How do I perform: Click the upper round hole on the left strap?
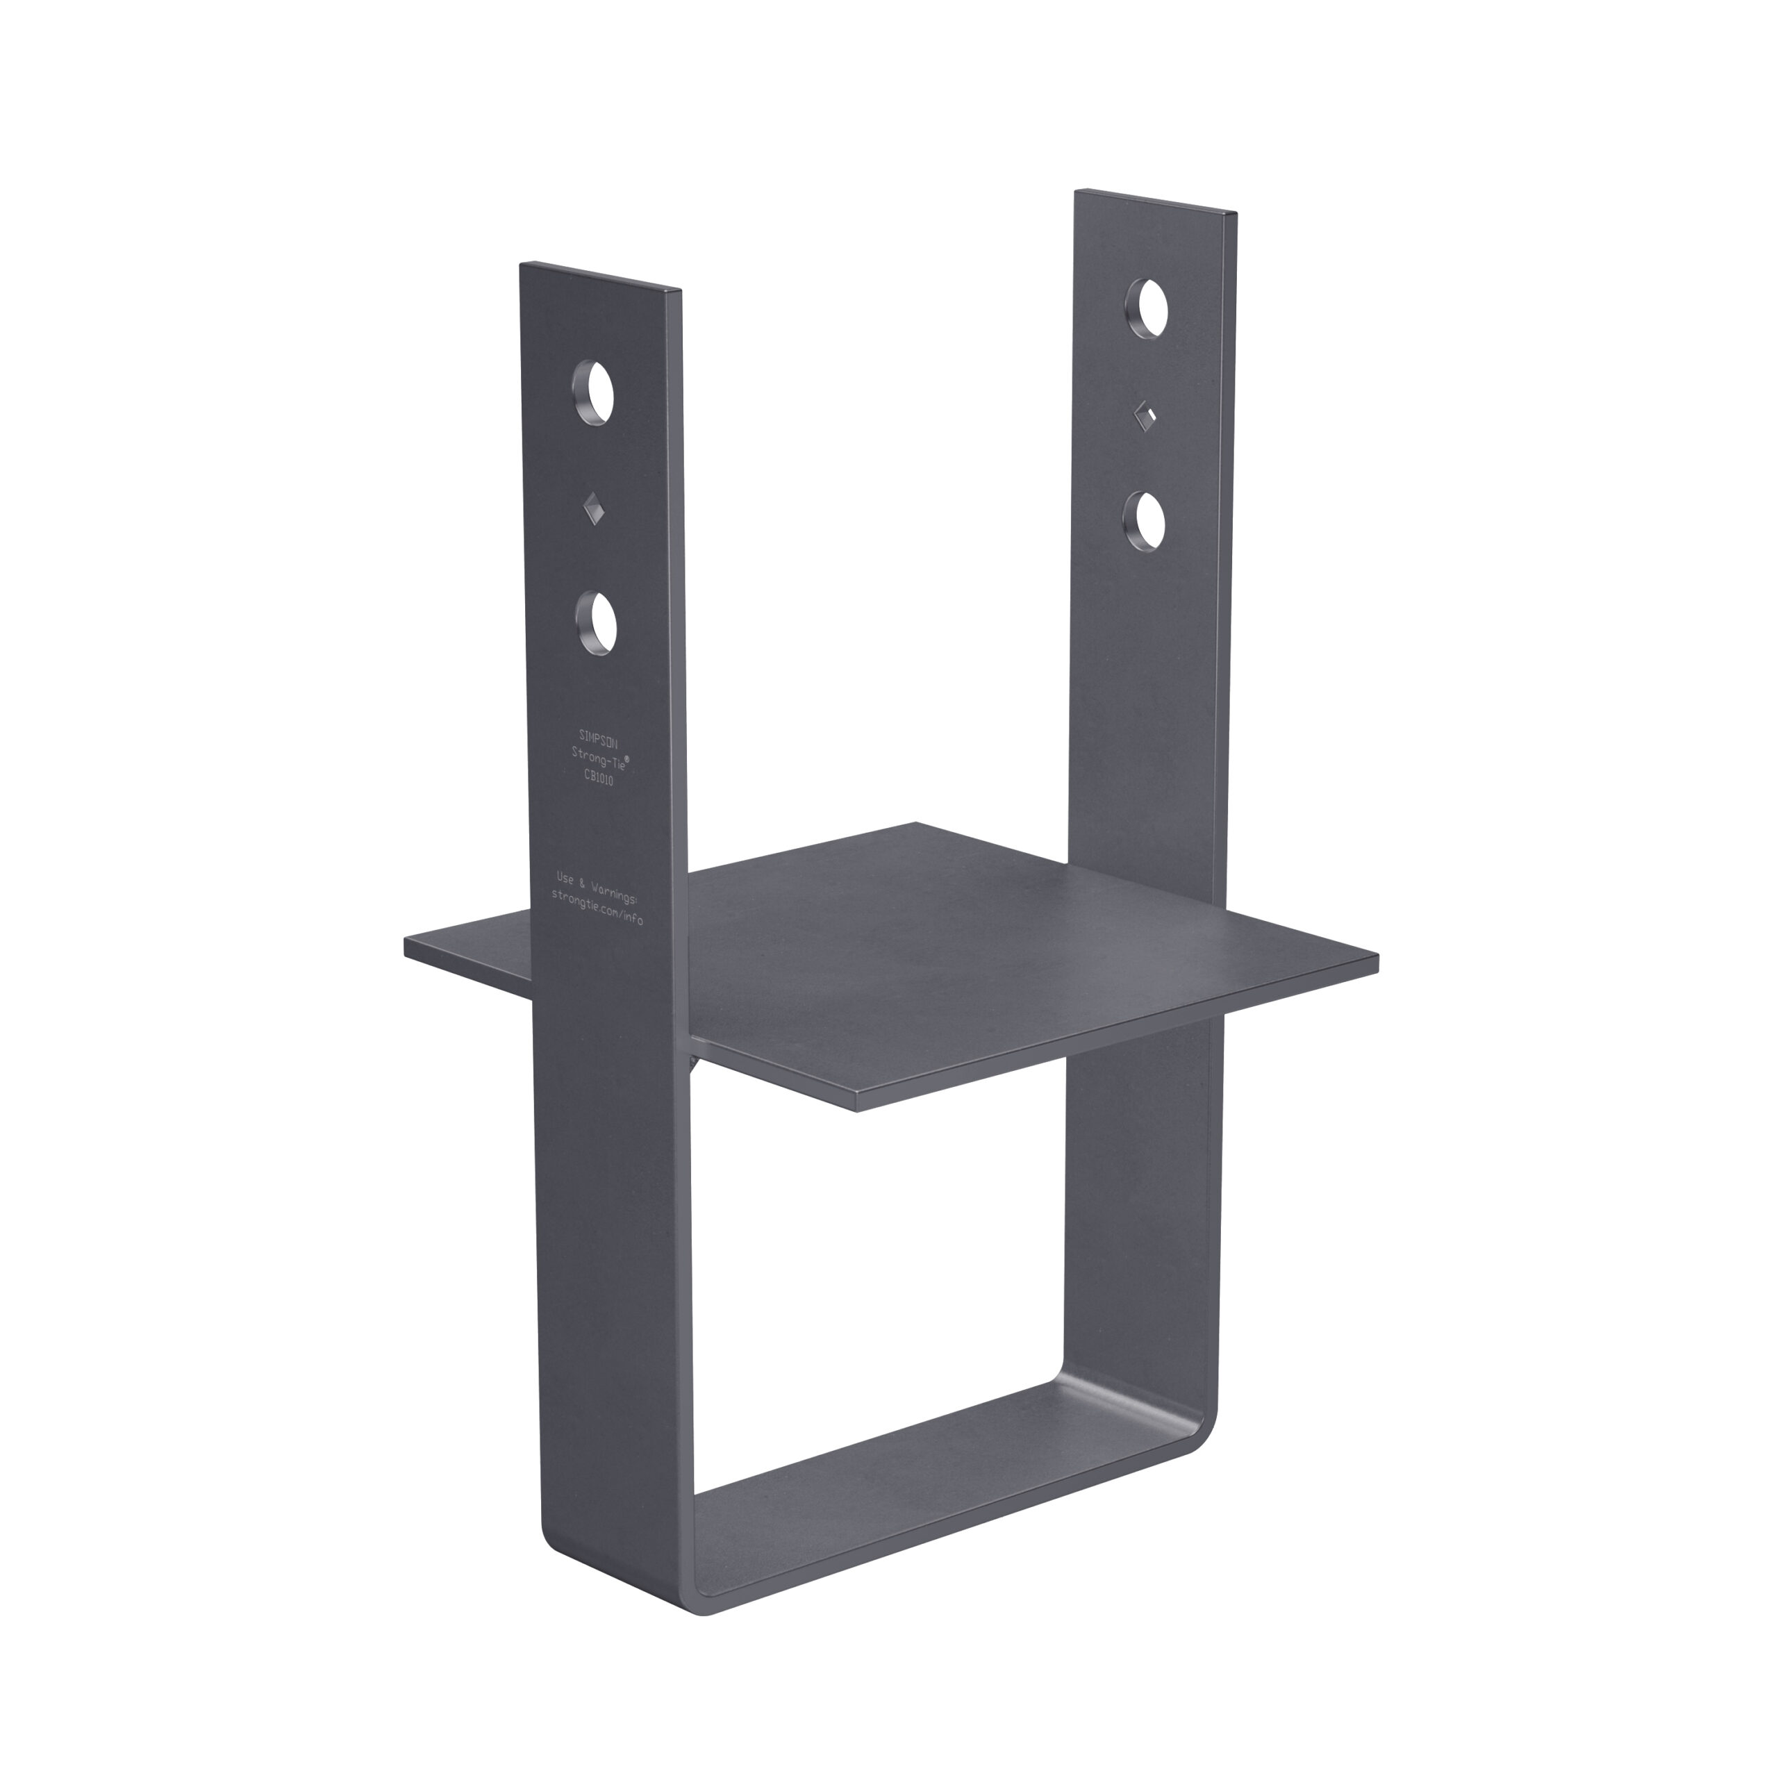coord(595,393)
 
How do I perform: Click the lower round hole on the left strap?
coord(597,623)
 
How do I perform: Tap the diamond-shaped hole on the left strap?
coord(595,508)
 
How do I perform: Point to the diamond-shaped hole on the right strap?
coord(1144,417)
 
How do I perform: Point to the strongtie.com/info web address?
coord(597,906)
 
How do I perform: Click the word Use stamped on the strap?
coord(566,878)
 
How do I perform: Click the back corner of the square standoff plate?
coord(915,824)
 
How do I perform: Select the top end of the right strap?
coord(1156,201)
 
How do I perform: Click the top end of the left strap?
coord(600,277)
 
